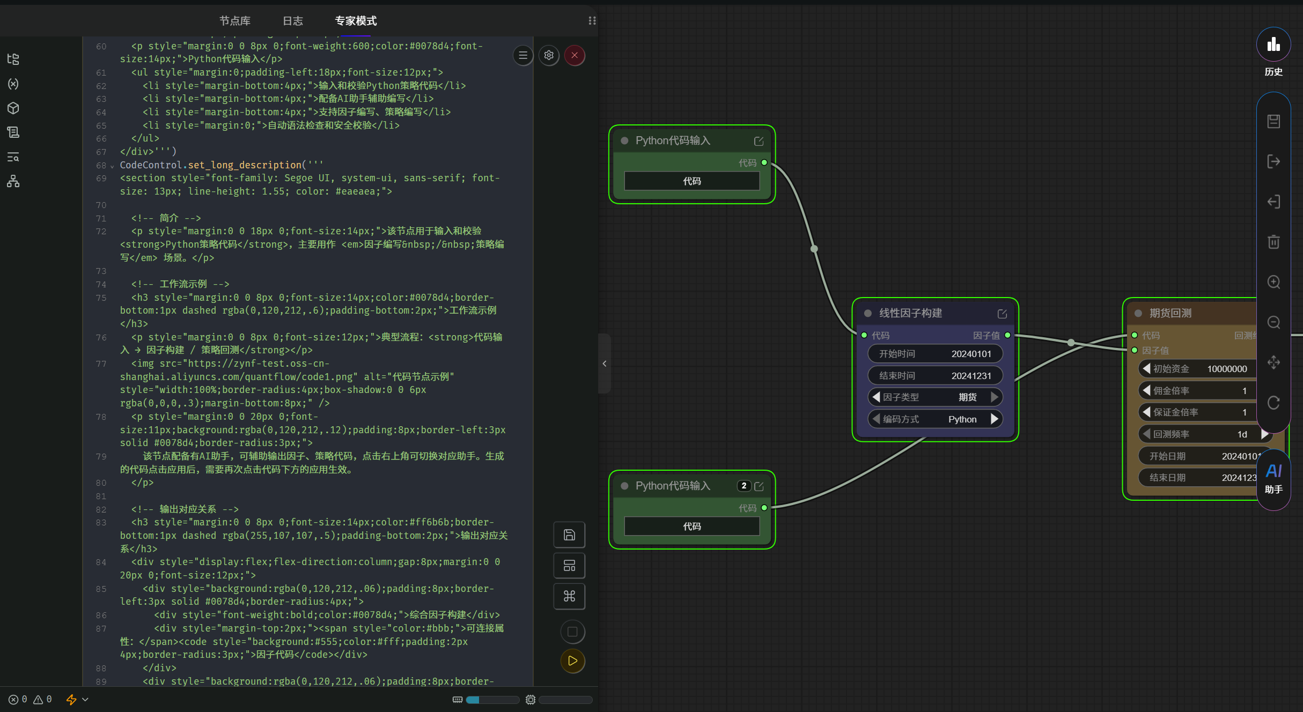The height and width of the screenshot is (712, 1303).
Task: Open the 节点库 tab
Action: (235, 21)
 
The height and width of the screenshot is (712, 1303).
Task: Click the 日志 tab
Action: (293, 21)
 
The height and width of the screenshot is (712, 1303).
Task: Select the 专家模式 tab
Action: (356, 21)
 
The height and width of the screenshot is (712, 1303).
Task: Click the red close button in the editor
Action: (575, 55)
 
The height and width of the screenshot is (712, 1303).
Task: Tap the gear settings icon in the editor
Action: (549, 55)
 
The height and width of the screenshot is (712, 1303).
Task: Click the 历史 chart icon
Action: (1273, 44)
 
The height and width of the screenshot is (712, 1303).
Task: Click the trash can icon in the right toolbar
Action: (1273, 242)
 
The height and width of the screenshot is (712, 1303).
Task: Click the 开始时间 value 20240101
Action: (971, 354)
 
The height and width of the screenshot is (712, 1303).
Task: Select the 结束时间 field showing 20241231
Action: (935, 376)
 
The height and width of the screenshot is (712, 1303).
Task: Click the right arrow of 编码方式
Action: (995, 419)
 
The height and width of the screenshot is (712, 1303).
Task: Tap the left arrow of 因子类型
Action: (876, 397)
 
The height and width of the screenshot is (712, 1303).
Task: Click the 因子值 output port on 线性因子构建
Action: (1007, 335)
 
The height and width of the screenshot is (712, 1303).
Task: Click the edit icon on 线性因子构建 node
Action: (1002, 314)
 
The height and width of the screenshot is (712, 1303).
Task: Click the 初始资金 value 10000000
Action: (1227, 369)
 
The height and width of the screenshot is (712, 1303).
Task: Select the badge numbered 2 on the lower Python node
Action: (743, 486)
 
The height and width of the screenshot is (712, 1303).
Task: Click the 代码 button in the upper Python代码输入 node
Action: (692, 181)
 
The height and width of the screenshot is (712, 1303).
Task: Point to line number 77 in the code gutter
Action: (101, 364)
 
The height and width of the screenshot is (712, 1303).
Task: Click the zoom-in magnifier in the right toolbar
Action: (1273, 282)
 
